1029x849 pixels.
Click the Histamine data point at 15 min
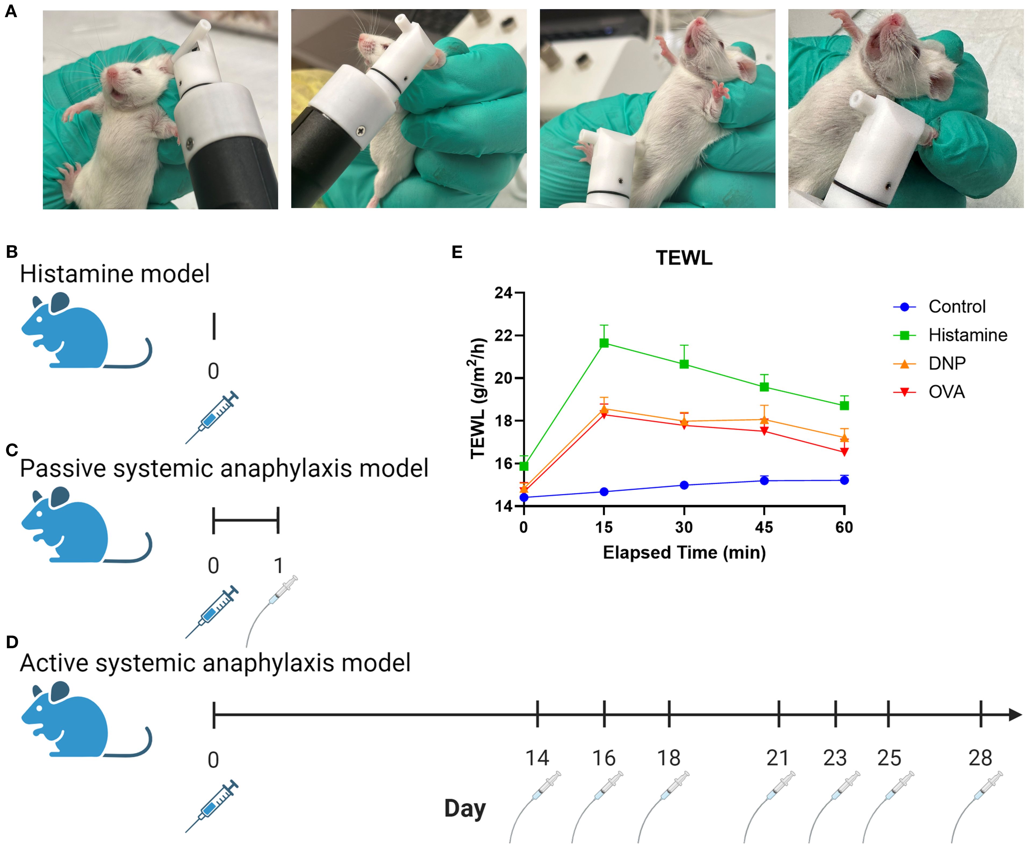coord(604,343)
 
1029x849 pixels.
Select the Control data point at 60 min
coord(844,480)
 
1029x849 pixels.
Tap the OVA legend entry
coord(946,392)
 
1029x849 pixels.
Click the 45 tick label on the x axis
coord(764,527)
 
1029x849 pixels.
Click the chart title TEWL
coord(684,258)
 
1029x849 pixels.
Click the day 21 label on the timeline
coord(778,758)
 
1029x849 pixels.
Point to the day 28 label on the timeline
coord(980,758)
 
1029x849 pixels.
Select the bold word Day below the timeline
coord(465,808)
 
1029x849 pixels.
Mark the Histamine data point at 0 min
coord(524,466)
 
